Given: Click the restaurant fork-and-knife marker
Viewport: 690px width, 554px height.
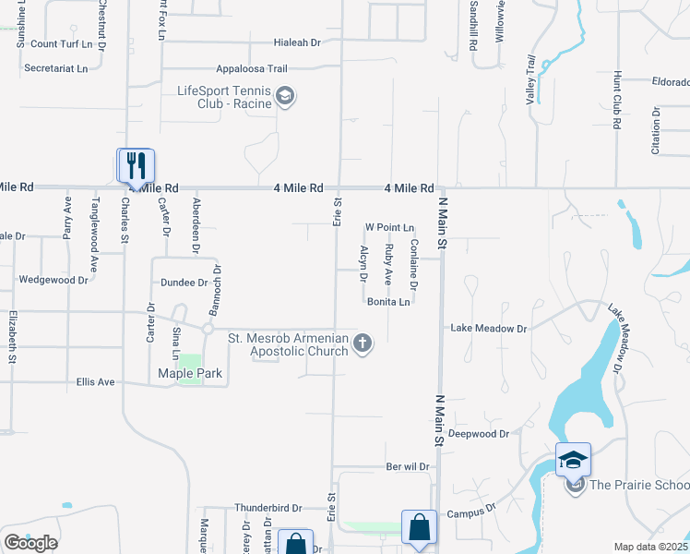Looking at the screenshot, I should (x=136, y=165).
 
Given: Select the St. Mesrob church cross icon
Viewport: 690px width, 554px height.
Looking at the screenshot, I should (x=363, y=343).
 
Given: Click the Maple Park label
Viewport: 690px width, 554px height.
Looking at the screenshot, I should (x=190, y=374).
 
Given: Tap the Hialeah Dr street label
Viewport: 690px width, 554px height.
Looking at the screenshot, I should (x=297, y=42).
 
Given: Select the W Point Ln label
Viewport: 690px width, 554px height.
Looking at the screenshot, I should (x=390, y=227).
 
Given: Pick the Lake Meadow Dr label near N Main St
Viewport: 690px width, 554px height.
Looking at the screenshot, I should (x=488, y=329).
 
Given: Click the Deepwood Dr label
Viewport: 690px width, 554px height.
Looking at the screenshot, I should (x=478, y=434).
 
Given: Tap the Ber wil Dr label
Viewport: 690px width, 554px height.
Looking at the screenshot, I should (x=408, y=467).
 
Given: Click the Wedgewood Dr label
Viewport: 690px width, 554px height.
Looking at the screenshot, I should (x=54, y=279).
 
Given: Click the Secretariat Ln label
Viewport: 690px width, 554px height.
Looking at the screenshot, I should (x=56, y=68).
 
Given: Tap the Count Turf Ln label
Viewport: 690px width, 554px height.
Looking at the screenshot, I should (x=62, y=43).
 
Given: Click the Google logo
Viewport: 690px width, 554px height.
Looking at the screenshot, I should (x=30, y=543).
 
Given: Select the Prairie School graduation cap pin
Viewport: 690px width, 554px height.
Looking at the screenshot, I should (x=573, y=459).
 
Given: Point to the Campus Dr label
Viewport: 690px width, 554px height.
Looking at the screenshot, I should (x=471, y=510).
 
